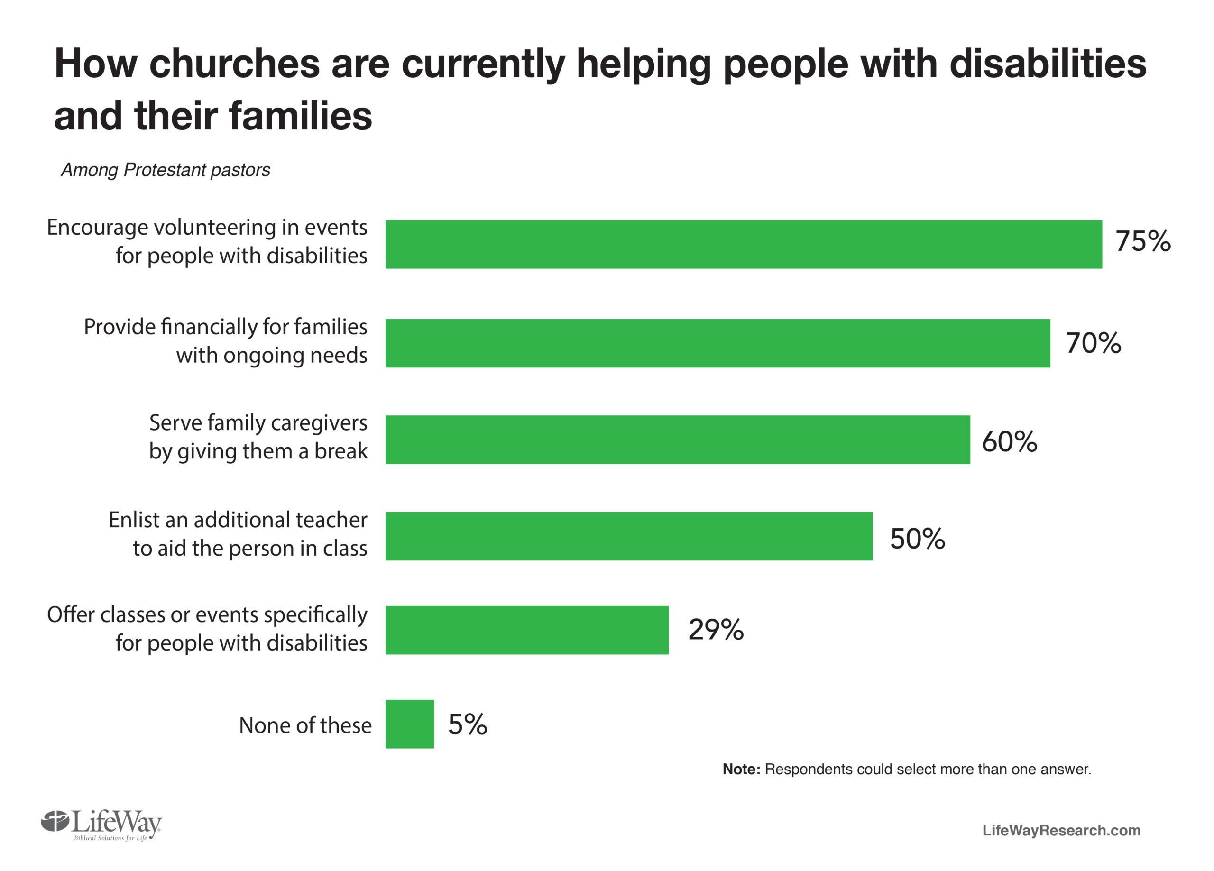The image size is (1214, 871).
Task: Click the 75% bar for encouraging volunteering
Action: pos(743,244)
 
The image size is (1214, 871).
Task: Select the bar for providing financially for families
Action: pos(717,343)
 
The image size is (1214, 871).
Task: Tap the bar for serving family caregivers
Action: pos(677,440)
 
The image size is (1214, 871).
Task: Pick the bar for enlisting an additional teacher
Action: pos(628,536)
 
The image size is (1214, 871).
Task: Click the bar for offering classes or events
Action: pos(527,630)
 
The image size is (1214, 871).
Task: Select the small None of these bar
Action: pos(409,724)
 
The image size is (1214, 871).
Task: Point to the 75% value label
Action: pos(1143,241)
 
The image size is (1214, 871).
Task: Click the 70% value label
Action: pos(1093,343)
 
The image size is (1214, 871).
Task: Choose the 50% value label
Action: pos(918,539)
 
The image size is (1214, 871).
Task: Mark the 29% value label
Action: pos(716,630)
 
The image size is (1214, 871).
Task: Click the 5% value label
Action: pos(467,724)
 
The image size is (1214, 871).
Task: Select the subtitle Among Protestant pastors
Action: pos(166,170)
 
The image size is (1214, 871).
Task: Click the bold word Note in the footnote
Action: pos(741,769)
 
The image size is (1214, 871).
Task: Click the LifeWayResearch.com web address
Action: pos(1061,830)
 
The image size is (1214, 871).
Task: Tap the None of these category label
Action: pos(304,725)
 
